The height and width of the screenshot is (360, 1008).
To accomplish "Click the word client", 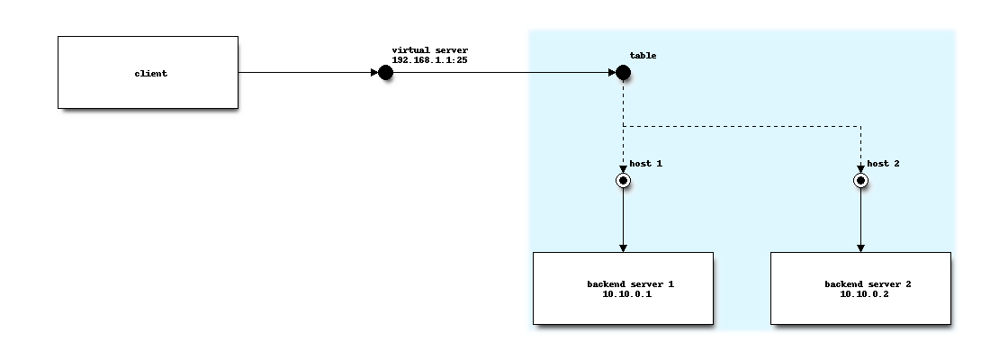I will pos(151,74).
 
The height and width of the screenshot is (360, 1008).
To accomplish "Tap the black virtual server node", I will pos(385,72).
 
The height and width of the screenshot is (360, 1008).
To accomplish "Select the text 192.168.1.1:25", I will pos(429,59).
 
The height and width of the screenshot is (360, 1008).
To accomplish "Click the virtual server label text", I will pos(429,49).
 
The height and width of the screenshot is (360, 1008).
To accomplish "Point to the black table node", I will pos(623,72).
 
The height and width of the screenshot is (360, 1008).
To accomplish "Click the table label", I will pos(643,56).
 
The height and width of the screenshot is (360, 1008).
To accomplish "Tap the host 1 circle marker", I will pos(623,181).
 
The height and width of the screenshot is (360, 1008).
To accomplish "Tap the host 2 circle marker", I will pos(860,181).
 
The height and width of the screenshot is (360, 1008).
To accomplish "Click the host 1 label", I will pos(645,164).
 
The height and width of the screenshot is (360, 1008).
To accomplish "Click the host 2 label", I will pos(883,164).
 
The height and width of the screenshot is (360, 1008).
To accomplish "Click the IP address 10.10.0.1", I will pos(627,294).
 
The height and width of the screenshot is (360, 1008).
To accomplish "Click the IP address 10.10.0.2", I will pos(865,294).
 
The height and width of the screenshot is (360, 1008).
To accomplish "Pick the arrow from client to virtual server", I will pos(306,72).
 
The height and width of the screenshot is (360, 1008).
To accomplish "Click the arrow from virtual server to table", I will pos(504,72).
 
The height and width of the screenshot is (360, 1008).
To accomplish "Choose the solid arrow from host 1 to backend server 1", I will pos(623,220).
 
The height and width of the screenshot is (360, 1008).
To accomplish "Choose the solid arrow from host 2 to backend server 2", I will pos(860,220).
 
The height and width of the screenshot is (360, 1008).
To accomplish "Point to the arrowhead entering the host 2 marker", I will pos(860,168).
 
